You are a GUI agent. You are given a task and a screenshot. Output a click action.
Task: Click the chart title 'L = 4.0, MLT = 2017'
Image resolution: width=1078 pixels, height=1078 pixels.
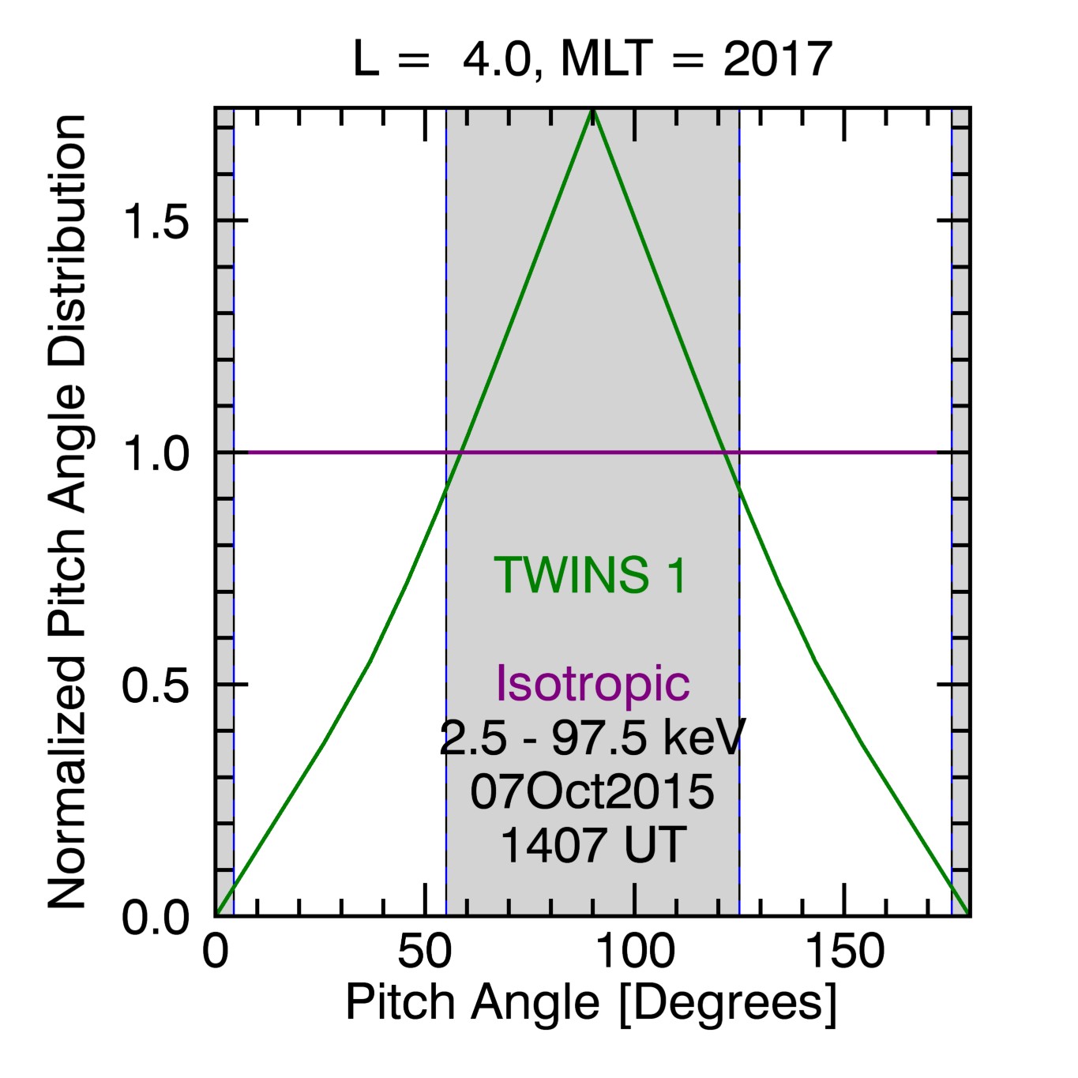pos(592,58)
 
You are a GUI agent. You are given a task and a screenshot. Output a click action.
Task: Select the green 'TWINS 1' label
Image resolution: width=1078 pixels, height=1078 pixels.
pos(591,575)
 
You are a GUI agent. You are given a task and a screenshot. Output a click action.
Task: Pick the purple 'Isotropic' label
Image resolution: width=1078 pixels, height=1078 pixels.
pos(592,682)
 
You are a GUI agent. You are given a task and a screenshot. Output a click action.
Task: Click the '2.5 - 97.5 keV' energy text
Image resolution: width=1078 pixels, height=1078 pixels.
pos(592,738)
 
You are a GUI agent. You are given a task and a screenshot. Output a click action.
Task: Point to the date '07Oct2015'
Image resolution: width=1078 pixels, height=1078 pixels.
pos(592,791)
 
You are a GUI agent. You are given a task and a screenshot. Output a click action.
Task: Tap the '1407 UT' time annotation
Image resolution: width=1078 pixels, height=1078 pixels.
pos(593,845)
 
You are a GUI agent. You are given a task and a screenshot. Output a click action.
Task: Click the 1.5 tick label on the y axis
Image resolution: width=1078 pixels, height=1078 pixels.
pos(156,222)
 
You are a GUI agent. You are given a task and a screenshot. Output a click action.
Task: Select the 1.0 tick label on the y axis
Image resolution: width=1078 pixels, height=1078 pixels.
pos(156,454)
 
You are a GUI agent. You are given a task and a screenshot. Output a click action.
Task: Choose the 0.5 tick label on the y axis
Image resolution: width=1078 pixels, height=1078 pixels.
pos(156,685)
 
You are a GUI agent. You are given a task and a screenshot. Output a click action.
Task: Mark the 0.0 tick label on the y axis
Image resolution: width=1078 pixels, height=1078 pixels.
pos(156,918)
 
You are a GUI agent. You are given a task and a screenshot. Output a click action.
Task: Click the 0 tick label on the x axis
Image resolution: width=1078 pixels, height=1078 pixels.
pos(216,952)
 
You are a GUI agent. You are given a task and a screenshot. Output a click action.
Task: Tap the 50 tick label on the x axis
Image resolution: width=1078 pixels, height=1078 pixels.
pos(425,952)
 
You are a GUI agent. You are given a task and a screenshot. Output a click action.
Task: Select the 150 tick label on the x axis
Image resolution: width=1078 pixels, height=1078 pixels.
pos(844,952)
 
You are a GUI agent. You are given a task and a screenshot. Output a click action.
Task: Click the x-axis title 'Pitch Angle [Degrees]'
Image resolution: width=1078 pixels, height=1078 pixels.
pos(591,1003)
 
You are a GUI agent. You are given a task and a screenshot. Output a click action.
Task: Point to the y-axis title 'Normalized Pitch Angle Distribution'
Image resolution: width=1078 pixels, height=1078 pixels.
pos(68,512)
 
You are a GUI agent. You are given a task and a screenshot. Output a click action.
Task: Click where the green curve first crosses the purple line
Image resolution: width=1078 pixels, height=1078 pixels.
pos(462,453)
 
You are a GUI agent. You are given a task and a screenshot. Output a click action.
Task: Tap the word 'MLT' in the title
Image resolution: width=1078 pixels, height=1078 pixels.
pos(607,58)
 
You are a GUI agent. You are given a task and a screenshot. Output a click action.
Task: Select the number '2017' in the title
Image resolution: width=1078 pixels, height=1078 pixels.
pos(777,58)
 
